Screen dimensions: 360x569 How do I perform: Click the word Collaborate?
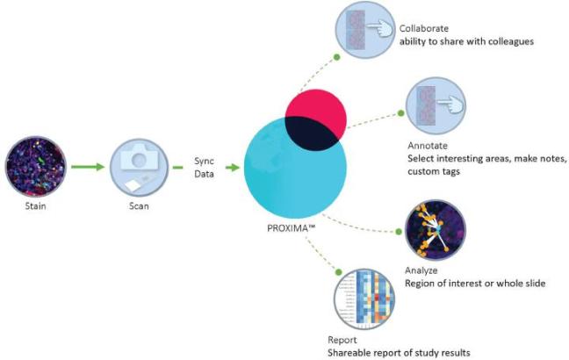coord(423,25)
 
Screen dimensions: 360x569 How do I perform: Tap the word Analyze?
coord(421,271)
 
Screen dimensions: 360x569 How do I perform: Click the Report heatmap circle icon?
coord(363,299)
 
